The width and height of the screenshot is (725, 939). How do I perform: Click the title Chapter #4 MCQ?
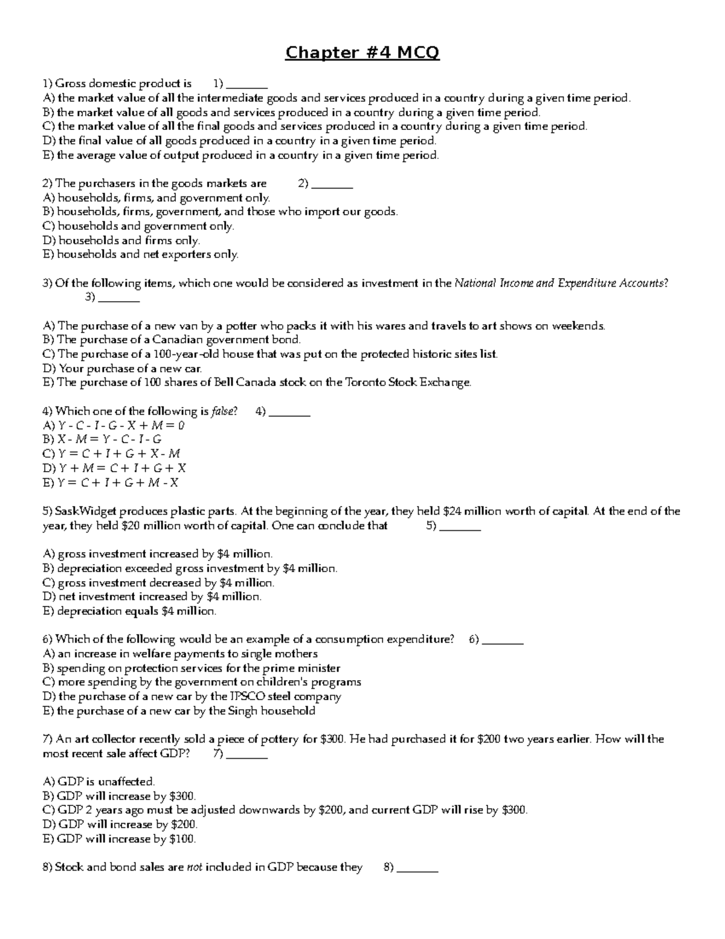[x=362, y=53]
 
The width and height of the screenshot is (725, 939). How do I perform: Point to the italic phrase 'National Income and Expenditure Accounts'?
[x=560, y=283]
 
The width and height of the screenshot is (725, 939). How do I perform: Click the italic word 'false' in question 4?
[x=224, y=412]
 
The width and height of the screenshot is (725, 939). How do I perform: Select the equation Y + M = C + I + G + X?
[x=122, y=469]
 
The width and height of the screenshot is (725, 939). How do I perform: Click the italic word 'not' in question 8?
[x=195, y=868]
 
